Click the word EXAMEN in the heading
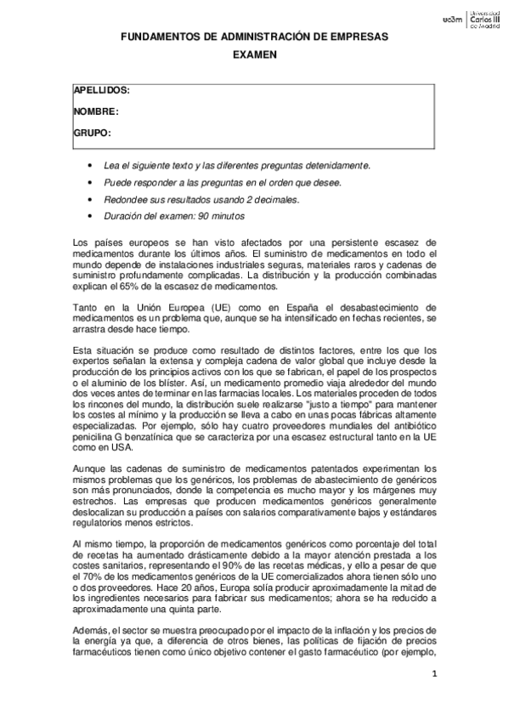pos(255,54)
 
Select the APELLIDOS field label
pos(101,90)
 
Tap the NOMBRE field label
pos(95,111)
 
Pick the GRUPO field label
pos(93,133)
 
